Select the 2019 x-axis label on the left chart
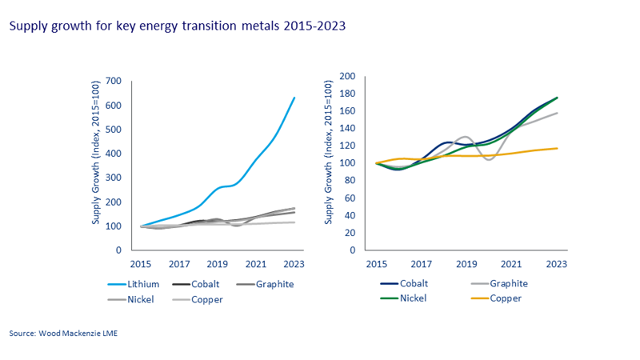pos(218,263)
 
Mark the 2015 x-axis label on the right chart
pos(376,263)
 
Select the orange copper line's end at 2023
pos(558,148)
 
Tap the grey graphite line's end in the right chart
pos(558,113)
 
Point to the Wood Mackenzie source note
pos(65,331)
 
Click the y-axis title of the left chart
pos(97,152)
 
